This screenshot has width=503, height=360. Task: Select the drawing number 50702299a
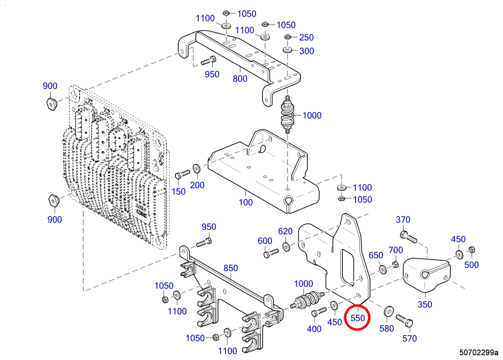coord(479,353)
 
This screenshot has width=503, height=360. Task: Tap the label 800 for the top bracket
coord(240,78)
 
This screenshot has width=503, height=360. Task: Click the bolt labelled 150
coord(182,174)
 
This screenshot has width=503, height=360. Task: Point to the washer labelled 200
coord(197,168)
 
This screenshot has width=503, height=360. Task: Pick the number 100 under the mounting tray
coord(245,202)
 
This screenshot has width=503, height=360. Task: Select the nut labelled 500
coord(471,249)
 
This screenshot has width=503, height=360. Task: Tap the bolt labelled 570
coord(404,320)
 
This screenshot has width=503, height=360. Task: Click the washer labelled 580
coord(388,312)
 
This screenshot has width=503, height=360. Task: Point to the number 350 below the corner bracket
coord(425,304)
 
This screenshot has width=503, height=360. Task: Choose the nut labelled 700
coord(394,264)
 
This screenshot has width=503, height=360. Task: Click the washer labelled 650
coord(382,268)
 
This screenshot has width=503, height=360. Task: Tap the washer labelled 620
coord(287,245)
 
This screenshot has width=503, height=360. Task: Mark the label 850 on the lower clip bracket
coord(231,268)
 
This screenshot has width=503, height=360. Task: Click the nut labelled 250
coord(288,37)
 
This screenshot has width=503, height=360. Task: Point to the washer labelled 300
coord(288,50)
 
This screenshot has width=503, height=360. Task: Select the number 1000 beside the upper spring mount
coord(312,115)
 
